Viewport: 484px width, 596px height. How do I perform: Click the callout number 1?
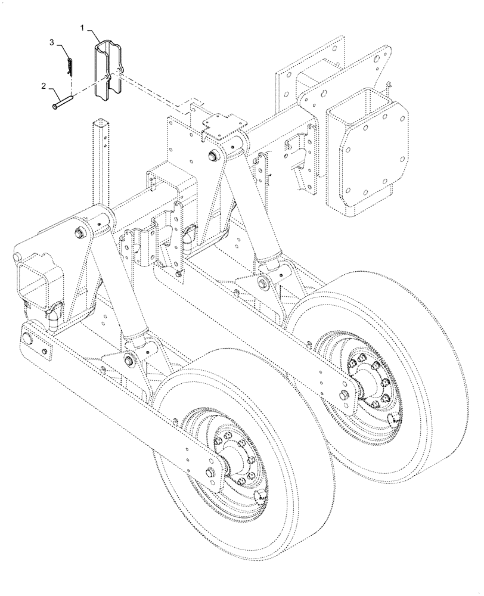click(83, 28)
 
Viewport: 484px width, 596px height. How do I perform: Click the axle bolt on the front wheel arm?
click(210, 473)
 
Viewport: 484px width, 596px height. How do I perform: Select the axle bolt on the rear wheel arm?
click(343, 394)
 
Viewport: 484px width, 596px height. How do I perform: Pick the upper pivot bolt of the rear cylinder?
click(213, 156)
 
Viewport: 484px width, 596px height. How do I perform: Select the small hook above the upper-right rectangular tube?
click(388, 85)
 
